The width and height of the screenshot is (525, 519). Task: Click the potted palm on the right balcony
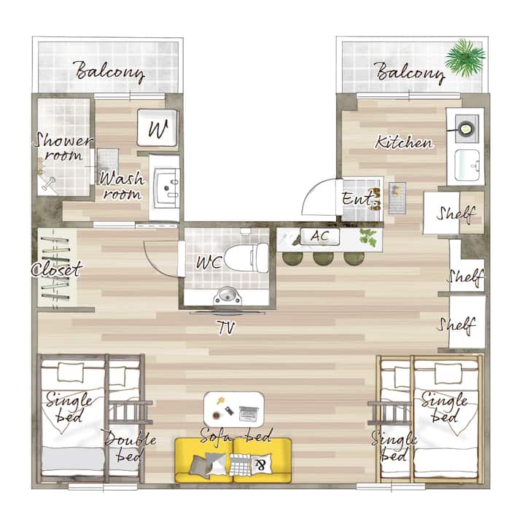click(465, 57)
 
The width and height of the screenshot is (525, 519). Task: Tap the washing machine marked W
click(157, 128)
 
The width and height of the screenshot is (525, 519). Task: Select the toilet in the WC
click(246, 258)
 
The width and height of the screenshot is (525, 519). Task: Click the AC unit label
click(320, 236)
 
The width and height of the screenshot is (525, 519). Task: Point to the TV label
click(226, 327)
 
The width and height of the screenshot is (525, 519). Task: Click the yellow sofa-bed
click(233, 461)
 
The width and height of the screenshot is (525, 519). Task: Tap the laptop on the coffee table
click(249, 413)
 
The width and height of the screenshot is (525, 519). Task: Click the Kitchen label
click(403, 142)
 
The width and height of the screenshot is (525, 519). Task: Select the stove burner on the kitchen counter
click(465, 128)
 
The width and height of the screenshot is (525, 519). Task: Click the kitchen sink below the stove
click(467, 165)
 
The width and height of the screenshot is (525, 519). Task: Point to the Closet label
click(57, 270)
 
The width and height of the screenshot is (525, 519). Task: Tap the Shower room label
click(63, 147)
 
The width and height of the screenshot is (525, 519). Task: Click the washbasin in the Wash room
click(166, 187)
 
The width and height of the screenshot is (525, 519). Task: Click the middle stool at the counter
click(323, 258)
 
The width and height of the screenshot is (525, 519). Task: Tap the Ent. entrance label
click(358, 199)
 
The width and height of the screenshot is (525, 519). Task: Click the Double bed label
click(130, 446)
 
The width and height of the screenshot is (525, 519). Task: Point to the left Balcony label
click(110, 72)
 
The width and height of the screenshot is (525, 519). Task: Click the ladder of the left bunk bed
click(131, 412)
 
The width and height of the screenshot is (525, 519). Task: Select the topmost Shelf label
click(456, 214)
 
